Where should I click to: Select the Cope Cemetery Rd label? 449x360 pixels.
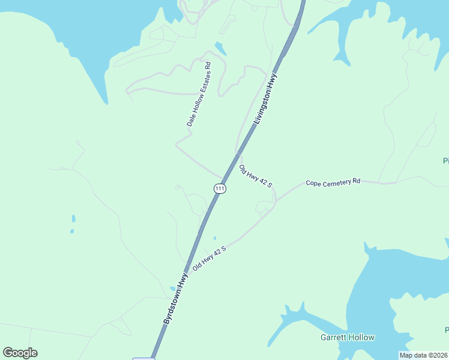(333, 182)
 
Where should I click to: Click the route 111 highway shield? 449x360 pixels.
(220, 188)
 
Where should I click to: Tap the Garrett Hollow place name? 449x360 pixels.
(347, 337)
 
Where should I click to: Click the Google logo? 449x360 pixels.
(20, 353)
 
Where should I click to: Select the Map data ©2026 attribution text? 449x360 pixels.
(423, 355)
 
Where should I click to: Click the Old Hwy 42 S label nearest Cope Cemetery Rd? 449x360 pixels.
(256, 176)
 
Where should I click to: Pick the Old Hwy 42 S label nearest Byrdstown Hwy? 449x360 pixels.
(209, 257)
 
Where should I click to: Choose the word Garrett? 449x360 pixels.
(334, 337)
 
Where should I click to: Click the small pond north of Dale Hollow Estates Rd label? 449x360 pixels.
(221, 49)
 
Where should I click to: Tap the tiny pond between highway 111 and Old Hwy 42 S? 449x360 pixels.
(215, 238)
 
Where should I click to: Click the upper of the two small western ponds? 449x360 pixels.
(74, 218)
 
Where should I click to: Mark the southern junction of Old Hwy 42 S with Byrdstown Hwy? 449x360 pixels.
(187, 266)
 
